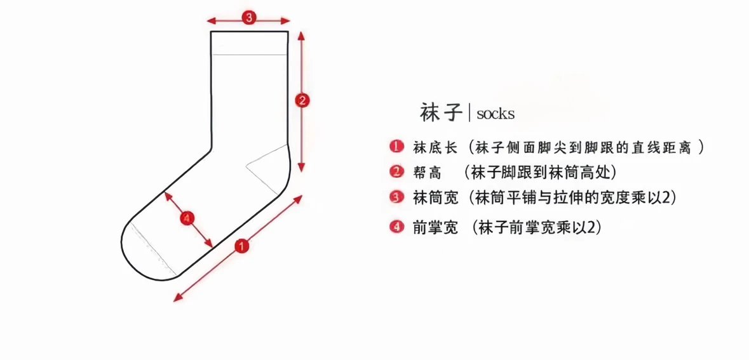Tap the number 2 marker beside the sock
click(302, 100)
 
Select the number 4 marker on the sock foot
click(186, 219)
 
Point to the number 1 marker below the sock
click(241, 246)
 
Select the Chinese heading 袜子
click(440, 112)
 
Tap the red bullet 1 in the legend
click(396, 147)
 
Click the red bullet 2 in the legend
click(396, 172)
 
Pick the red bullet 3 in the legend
click(396, 197)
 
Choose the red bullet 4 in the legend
click(396, 227)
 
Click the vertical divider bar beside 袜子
click(469, 113)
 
